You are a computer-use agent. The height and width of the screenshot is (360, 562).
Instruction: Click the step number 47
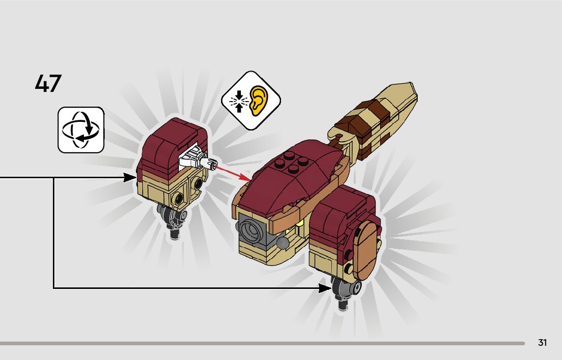(x=48, y=84)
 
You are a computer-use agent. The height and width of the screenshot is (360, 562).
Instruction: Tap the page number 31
(x=542, y=343)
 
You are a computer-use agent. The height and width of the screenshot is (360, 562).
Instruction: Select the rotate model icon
(x=81, y=129)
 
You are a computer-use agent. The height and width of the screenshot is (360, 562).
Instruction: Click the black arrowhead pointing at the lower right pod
(x=325, y=288)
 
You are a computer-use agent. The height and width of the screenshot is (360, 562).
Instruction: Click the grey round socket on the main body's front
(x=251, y=231)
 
